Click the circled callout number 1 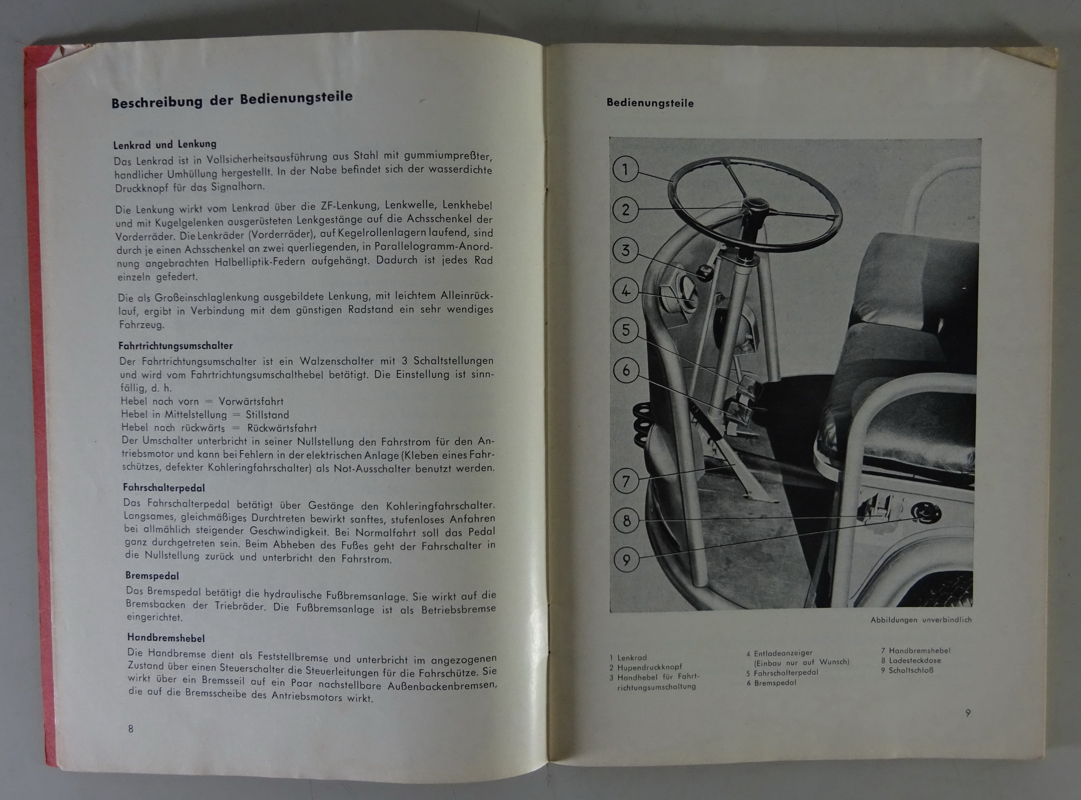[x=625, y=169]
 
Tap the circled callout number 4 [x=625, y=290]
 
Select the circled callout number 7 [x=626, y=481]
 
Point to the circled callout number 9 [x=626, y=560]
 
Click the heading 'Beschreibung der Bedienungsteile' [x=232, y=99]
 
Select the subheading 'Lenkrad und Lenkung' [x=164, y=144]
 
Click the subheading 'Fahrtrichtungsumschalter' [x=175, y=345]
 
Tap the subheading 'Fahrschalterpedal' [x=164, y=487]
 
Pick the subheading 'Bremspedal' [x=152, y=576]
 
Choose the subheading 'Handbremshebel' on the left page [x=166, y=637]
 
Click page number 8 [x=131, y=729]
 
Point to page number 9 [x=968, y=713]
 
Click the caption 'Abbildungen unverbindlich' [x=921, y=620]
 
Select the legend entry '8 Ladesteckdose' [x=911, y=660]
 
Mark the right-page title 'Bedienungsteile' [x=650, y=103]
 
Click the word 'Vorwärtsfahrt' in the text [x=251, y=401]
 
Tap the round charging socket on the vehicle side [x=925, y=513]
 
